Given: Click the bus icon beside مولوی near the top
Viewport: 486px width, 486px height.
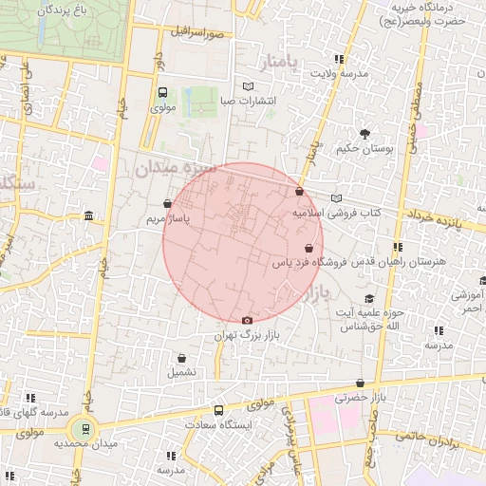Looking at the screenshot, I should [162, 93].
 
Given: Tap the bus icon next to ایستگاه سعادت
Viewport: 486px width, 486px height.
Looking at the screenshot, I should [219, 411].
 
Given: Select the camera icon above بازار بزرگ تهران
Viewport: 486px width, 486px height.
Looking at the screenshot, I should [248, 320].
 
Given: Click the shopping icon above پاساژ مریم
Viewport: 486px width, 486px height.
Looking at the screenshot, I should [168, 203].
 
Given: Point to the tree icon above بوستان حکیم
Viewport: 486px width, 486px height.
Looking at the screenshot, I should [363, 132].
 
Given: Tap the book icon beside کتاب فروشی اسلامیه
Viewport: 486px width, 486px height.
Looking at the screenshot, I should [335, 198].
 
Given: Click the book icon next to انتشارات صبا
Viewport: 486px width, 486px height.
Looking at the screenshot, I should [249, 86].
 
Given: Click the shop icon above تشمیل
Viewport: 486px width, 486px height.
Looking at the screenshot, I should [181, 358].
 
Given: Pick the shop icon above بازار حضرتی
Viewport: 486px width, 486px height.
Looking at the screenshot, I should [360, 383].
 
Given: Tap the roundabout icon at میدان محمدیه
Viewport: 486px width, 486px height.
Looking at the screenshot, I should [84, 429].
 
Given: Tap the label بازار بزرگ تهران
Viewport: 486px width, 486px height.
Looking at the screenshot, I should [236, 336].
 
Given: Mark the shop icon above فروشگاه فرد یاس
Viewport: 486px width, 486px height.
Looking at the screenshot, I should [308, 248].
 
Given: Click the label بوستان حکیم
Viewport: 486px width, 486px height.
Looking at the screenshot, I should [360, 148].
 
